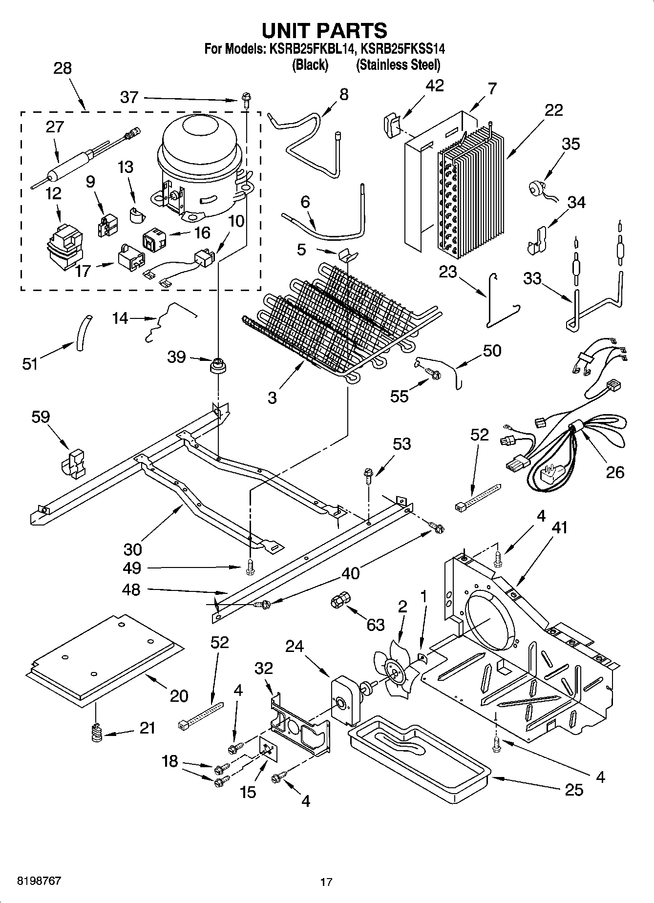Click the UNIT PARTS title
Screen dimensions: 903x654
(324, 30)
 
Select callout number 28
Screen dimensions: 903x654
(63, 68)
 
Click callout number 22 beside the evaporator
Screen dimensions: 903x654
(554, 110)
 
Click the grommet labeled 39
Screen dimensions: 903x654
(219, 365)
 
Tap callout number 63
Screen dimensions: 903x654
(375, 625)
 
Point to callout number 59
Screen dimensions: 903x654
(41, 417)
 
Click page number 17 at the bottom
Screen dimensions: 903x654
(326, 882)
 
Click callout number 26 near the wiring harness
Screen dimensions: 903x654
(615, 472)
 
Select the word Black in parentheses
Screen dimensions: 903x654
(310, 64)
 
